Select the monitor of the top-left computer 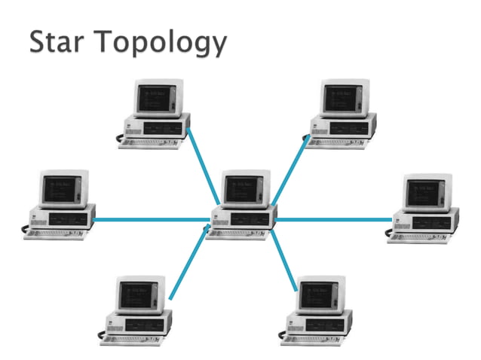[x=155, y=98]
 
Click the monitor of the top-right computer [x=342, y=98]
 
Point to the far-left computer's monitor [x=61, y=188]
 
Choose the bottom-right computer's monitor [x=320, y=295]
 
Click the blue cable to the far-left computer [x=151, y=220]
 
